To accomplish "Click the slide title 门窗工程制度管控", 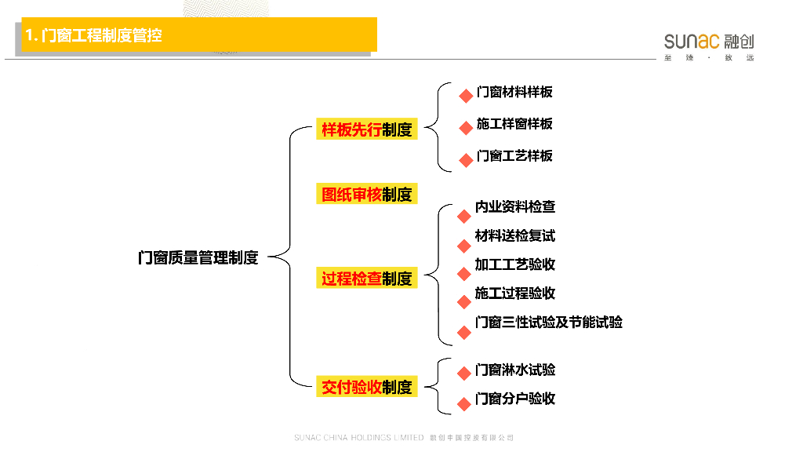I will pyautogui.click(x=94, y=35).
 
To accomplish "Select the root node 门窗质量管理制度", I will pyautogui.click(x=198, y=257).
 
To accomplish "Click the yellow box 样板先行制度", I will pyautogui.click(x=366, y=129).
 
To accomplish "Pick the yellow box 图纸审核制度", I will pyautogui.click(x=366, y=194).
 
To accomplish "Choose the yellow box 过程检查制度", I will pyautogui.click(x=366, y=278).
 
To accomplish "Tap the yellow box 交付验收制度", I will pyautogui.click(x=366, y=387).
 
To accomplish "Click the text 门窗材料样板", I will pyautogui.click(x=514, y=92).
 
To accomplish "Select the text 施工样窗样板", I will pyautogui.click(x=514, y=124).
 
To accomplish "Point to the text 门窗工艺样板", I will pyautogui.click(x=514, y=156).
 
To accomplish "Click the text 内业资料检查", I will pyautogui.click(x=515, y=206).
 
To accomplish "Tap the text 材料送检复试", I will pyautogui.click(x=515, y=235).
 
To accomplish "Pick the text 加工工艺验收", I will pyautogui.click(x=515, y=264).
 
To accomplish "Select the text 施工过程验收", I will pyautogui.click(x=515, y=293).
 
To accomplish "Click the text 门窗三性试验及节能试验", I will pyautogui.click(x=549, y=323).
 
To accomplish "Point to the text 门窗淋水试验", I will pyautogui.click(x=515, y=370).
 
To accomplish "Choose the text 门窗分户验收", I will pyautogui.click(x=515, y=399).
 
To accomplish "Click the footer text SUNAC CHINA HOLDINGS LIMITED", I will pyautogui.click(x=358, y=437).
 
